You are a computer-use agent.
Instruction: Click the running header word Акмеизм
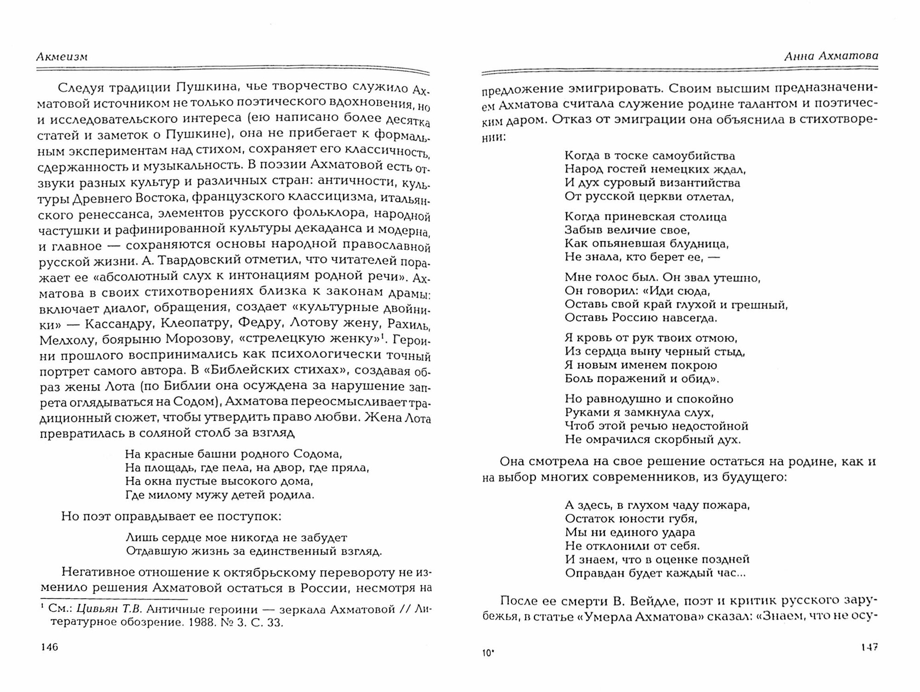tap(62, 57)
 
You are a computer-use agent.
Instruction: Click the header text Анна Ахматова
tap(831, 56)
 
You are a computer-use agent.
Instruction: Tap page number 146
tap(49, 647)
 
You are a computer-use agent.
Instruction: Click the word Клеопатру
tap(195, 323)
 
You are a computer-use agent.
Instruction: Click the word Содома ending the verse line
tap(318, 454)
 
